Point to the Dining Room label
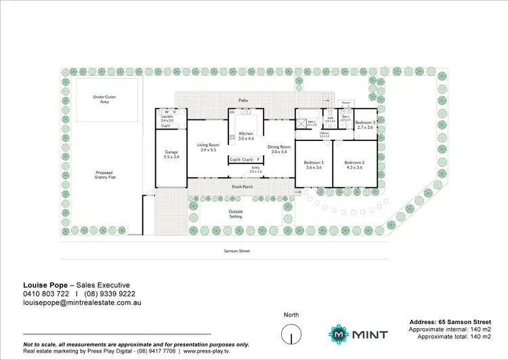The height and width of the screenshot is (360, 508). click(279, 149)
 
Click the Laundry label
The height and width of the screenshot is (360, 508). click(167, 118)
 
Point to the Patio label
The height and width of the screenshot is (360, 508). click(242, 100)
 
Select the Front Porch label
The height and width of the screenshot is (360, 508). click(242, 186)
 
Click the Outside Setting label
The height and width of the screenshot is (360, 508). click(236, 214)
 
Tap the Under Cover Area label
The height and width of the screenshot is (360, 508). click(105, 99)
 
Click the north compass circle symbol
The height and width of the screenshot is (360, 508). click(292, 334)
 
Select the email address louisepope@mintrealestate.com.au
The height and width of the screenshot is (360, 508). click(82, 304)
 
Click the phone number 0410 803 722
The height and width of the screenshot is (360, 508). click(46, 294)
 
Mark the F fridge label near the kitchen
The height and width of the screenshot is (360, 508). click(258, 159)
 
